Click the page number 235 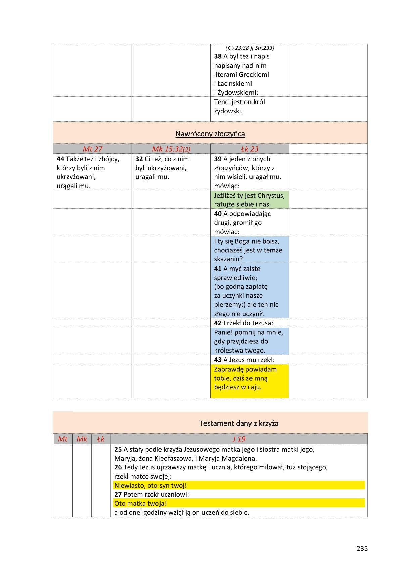362,548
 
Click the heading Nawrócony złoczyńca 210,134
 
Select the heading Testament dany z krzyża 239,423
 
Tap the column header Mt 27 92,149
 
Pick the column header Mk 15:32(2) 171,149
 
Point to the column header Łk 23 249,149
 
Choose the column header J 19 239,439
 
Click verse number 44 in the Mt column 60,159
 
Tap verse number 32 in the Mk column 139,159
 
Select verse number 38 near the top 218,56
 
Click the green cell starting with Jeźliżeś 249,200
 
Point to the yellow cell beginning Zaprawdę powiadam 249,378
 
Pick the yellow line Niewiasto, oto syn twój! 150,485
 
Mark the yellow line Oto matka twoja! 140,503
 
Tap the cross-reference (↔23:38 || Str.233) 249,48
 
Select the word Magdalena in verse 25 240,458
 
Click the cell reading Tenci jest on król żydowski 239,107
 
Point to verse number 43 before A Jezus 218,360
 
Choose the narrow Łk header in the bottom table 101,439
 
